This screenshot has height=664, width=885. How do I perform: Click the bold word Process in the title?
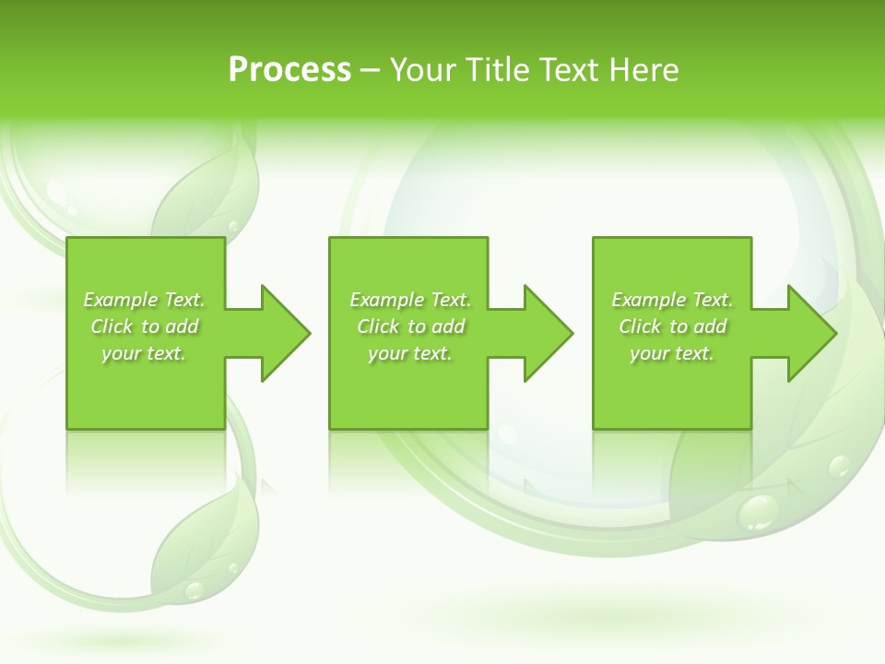click(289, 70)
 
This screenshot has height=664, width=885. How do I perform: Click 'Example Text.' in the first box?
click(144, 300)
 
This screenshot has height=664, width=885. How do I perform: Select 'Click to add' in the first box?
click(144, 326)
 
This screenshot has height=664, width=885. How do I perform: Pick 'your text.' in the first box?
click(144, 353)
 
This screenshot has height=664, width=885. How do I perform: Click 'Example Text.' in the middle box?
click(410, 300)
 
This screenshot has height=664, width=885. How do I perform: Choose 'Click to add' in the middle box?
click(410, 326)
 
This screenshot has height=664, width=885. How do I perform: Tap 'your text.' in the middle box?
click(410, 353)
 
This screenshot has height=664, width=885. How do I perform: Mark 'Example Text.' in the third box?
click(672, 300)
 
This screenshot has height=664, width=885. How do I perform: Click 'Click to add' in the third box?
click(672, 326)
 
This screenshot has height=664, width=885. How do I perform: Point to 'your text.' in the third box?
click(672, 353)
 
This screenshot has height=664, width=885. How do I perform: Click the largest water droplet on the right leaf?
click(759, 511)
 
